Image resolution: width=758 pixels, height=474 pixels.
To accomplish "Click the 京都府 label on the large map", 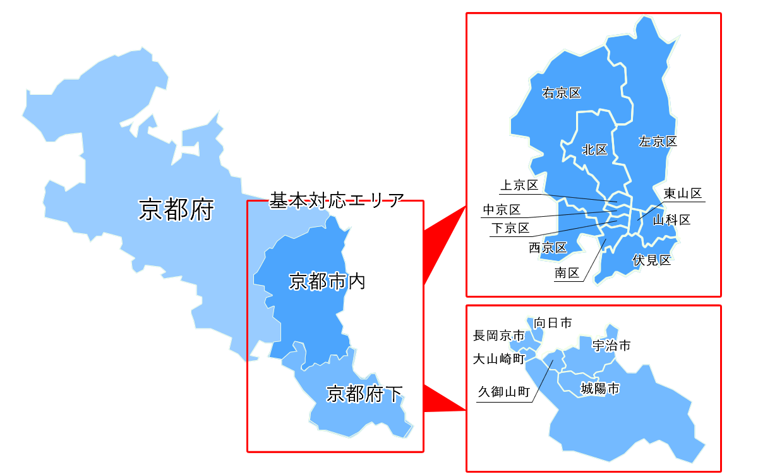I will click(176, 210).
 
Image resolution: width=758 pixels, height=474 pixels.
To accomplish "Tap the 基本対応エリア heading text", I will click(336, 201).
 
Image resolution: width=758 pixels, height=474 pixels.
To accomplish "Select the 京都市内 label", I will click(327, 281).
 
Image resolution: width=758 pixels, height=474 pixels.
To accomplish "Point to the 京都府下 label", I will click(364, 394).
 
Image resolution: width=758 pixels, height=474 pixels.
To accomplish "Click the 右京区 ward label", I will click(562, 94).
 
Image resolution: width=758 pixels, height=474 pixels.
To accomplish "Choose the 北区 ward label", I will click(594, 150).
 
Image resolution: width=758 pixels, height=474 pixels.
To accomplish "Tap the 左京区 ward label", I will click(658, 142).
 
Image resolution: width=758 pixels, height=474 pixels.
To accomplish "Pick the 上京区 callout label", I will click(519, 185).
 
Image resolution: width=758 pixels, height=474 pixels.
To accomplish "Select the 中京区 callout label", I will click(502, 210).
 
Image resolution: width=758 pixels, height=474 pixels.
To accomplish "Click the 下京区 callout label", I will click(510, 228).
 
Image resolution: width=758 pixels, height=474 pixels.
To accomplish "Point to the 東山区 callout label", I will click(683, 193).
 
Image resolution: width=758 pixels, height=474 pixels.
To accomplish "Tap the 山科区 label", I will click(671, 221).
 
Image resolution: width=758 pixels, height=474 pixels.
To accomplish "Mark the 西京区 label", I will click(548, 248).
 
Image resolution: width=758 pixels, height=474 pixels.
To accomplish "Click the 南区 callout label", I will click(567, 273).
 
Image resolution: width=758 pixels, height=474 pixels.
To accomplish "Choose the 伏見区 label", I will click(651, 260).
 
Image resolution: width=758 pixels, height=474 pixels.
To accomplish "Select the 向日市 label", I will click(553, 323).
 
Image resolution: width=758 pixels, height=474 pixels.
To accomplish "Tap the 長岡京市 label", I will click(499, 336).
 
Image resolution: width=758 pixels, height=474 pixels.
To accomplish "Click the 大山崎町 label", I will click(499, 359).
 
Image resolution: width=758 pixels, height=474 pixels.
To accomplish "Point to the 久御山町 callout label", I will click(503, 392).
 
